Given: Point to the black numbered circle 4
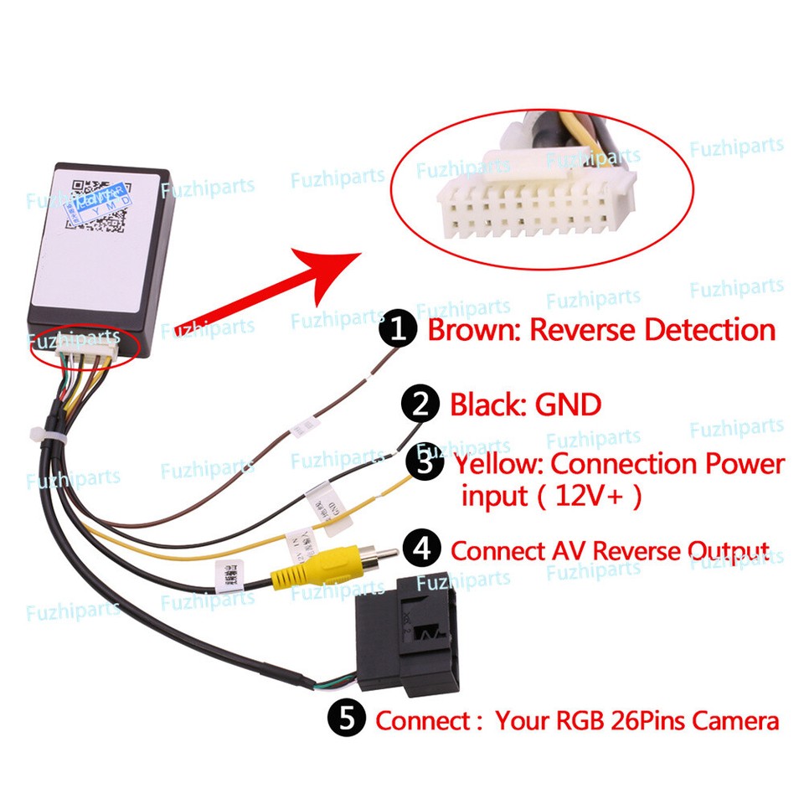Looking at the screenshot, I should (x=422, y=550).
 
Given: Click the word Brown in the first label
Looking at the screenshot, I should (x=472, y=330).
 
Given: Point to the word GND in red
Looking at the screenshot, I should (x=568, y=405).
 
